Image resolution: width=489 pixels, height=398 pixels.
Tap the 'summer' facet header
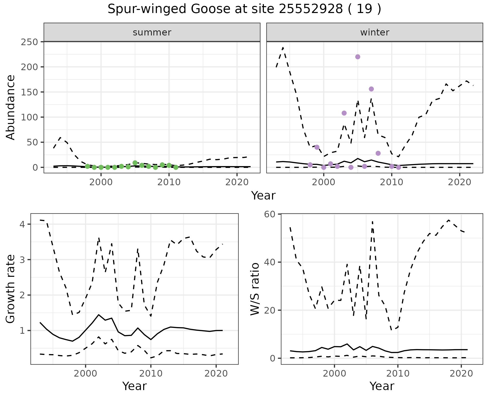[x=152, y=32]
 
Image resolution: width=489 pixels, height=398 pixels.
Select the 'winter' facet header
[x=375, y=32]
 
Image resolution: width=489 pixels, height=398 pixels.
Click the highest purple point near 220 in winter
[x=358, y=57]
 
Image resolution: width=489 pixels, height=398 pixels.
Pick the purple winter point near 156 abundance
[x=371, y=89]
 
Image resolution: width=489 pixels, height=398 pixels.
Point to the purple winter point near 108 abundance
[x=344, y=113]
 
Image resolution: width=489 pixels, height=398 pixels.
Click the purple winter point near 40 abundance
[x=317, y=147]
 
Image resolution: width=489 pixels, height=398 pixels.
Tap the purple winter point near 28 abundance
[x=378, y=153]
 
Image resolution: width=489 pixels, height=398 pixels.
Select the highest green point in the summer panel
[x=135, y=163]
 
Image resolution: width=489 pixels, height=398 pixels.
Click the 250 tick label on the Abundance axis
[x=29, y=42]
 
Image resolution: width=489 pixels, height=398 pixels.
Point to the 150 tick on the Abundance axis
[x=29, y=92]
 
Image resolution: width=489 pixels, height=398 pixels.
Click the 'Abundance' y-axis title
[x=11, y=107]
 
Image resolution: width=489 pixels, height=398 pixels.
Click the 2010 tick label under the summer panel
[x=169, y=182]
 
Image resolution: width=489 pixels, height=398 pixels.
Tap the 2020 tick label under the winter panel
[x=460, y=182]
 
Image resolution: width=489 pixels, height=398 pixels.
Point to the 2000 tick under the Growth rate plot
[x=86, y=374]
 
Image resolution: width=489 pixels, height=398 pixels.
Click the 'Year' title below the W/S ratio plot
[x=382, y=386]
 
